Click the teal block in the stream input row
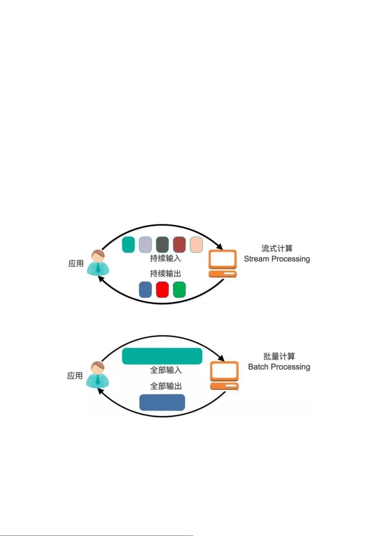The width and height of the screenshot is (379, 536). click(128, 245)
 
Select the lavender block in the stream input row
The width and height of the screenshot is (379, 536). click(145, 245)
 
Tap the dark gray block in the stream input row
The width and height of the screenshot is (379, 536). click(162, 245)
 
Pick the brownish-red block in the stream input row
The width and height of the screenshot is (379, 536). click(179, 245)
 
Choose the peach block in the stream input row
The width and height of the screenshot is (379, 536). click(196, 245)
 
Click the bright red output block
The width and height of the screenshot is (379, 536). click(162, 289)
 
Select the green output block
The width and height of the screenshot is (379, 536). click(179, 289)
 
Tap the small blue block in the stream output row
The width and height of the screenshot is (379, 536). click(145, 289)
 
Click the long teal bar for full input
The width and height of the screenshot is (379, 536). click(162, 356)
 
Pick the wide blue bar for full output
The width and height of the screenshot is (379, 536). click(162, 402)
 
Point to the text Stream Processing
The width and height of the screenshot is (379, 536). click(277, 259)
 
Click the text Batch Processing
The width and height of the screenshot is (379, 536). click(279, 367)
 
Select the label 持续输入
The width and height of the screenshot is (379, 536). click(165, 258)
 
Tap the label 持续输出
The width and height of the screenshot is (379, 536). click(165, 274)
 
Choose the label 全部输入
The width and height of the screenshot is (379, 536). click(166, 370)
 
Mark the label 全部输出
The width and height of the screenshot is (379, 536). click(166, 386)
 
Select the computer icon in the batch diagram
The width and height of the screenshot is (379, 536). click(224, 375)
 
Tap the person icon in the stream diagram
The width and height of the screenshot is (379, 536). click(98, 263)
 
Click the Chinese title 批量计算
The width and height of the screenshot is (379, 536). click(279, 356)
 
